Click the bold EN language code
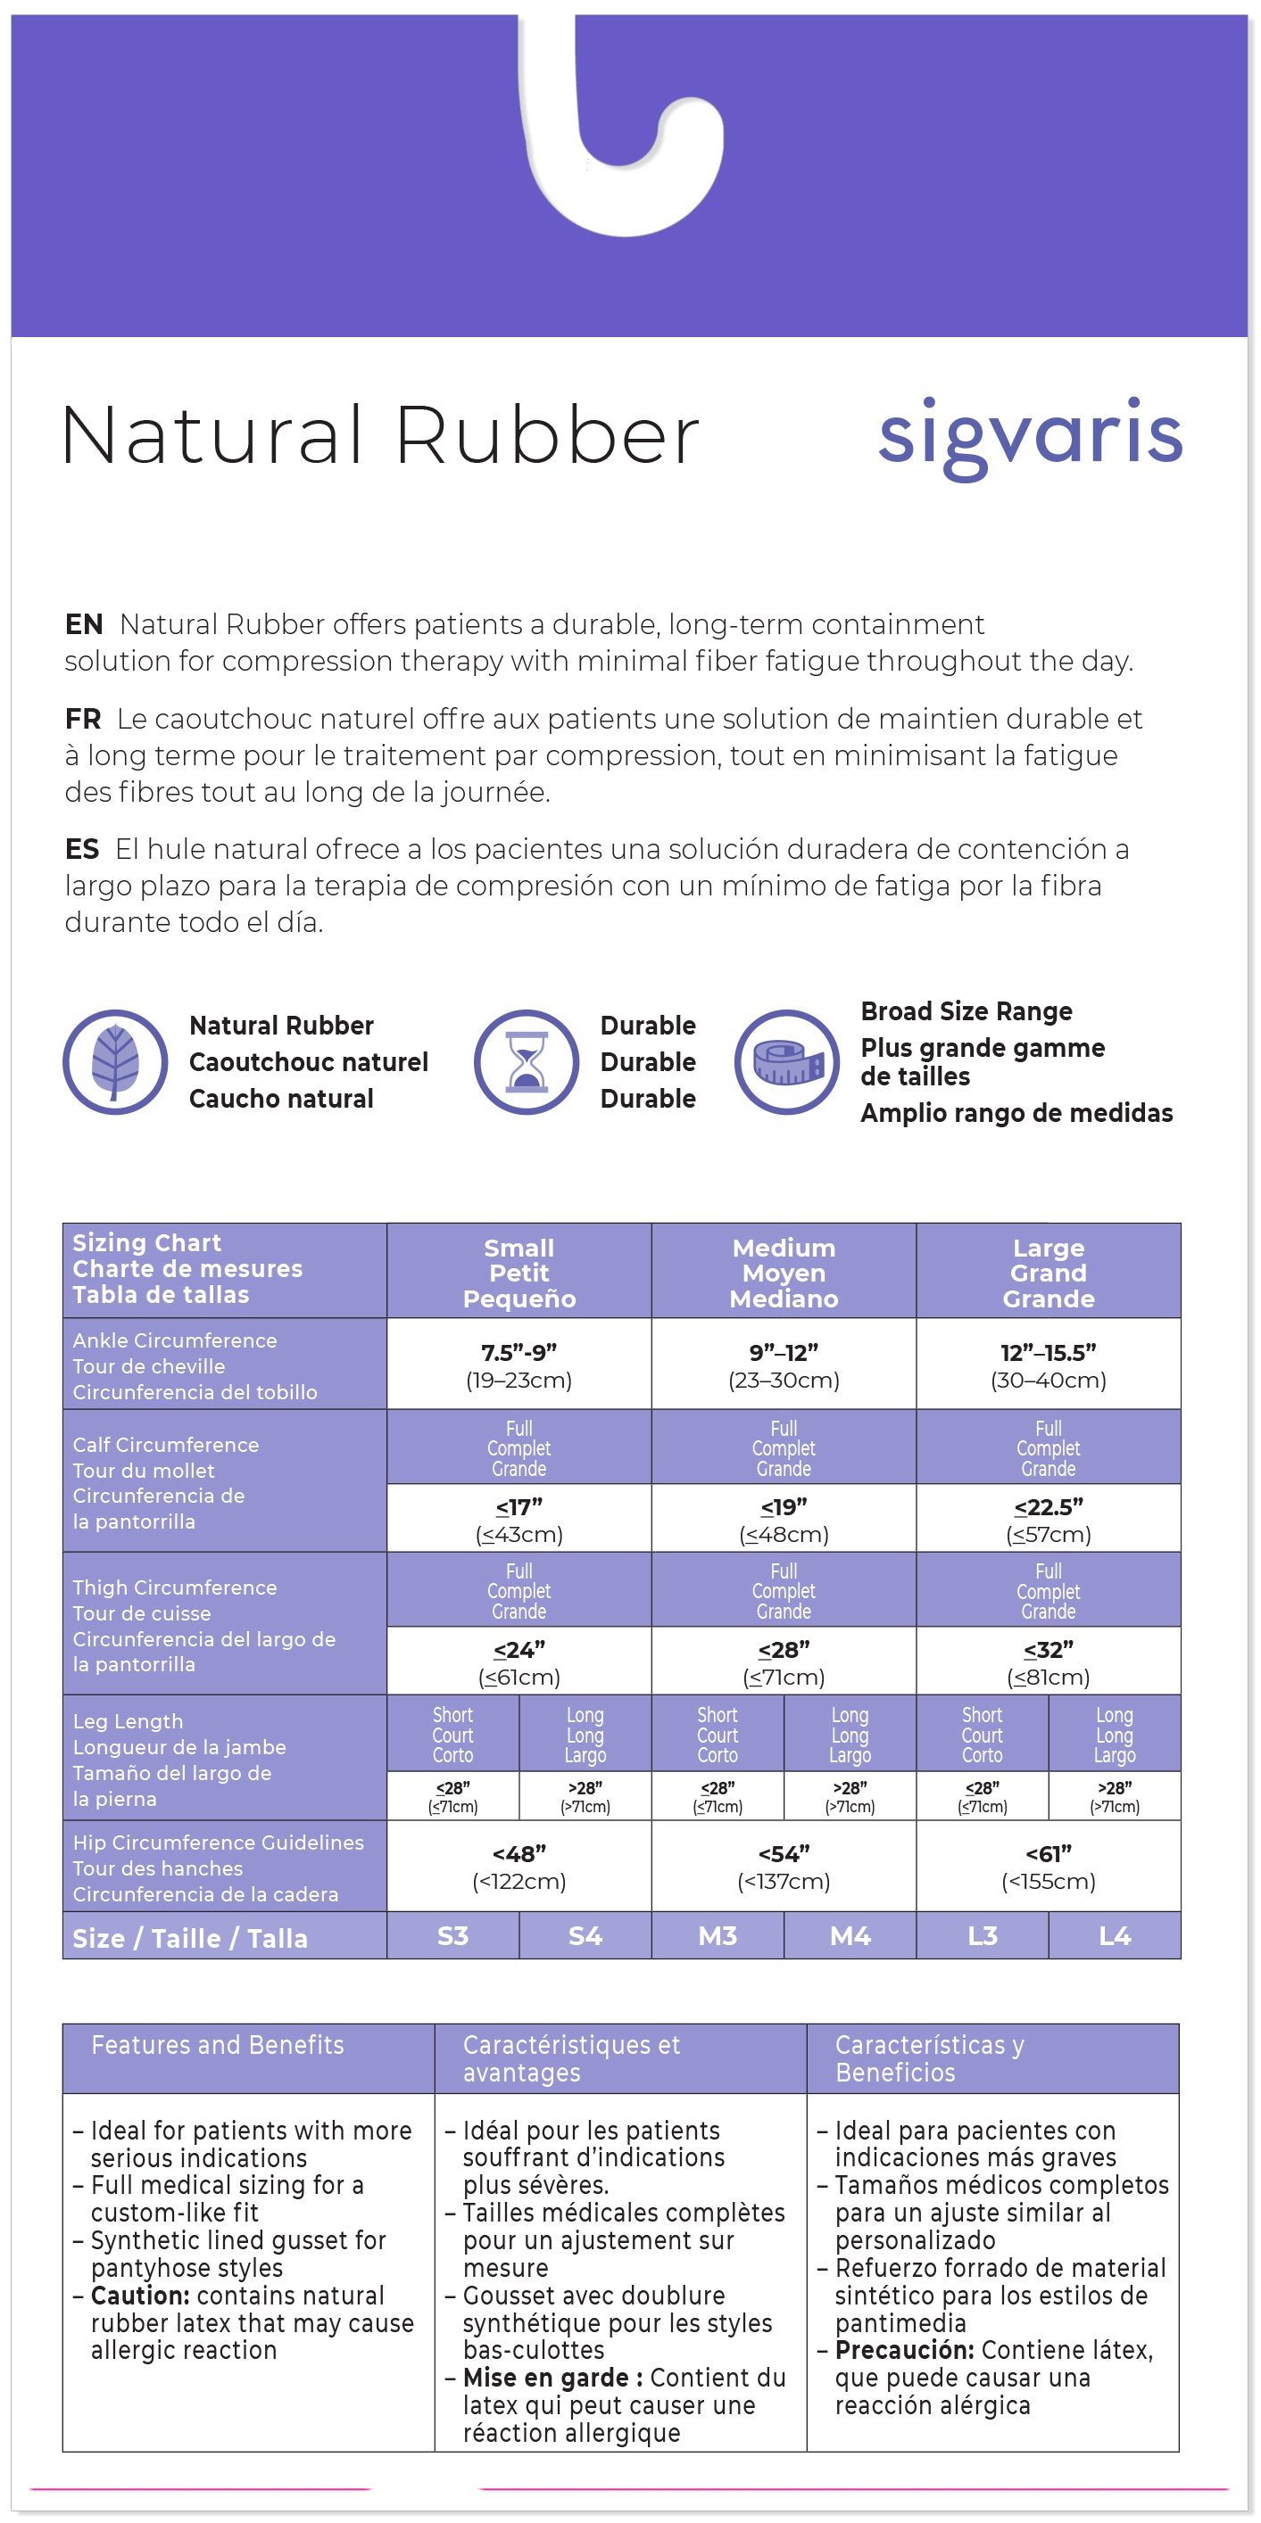pos(83,625)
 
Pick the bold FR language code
pos(83,719)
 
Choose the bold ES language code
pos(82,849)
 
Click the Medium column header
pos(784,1273)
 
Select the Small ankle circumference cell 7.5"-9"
pos(519,1353)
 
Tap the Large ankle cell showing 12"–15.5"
pos(1049,1353)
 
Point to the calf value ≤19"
pos(784,1507)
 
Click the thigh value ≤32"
pos(1049,1650)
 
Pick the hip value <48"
pos(519,1854)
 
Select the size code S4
pos(585,1936)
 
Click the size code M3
pos(718,1936)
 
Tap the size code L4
pos(1115,1936)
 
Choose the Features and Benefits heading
pos(218,2045)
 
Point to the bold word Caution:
pos(140,2296)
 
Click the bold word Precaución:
pos(904,2351)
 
